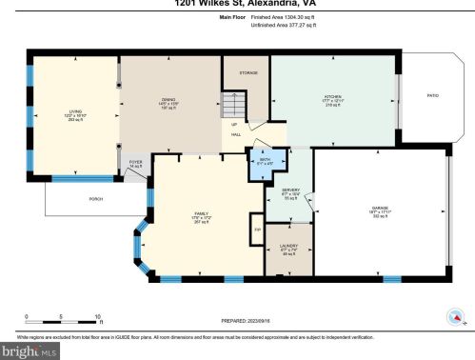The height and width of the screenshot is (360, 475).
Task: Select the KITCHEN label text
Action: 332,96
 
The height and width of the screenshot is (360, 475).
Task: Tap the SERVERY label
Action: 291,192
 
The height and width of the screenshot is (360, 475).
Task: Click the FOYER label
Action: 136,163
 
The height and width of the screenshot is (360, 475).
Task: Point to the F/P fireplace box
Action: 255,229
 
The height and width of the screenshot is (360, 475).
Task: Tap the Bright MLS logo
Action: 33,351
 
